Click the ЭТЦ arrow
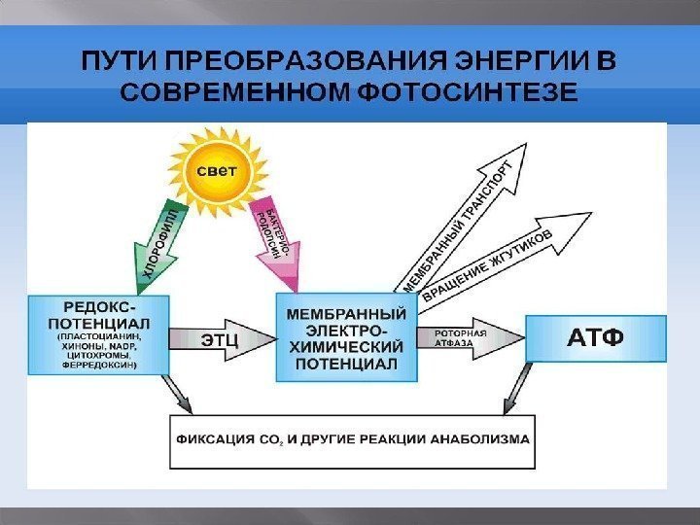[x=221, y=338]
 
